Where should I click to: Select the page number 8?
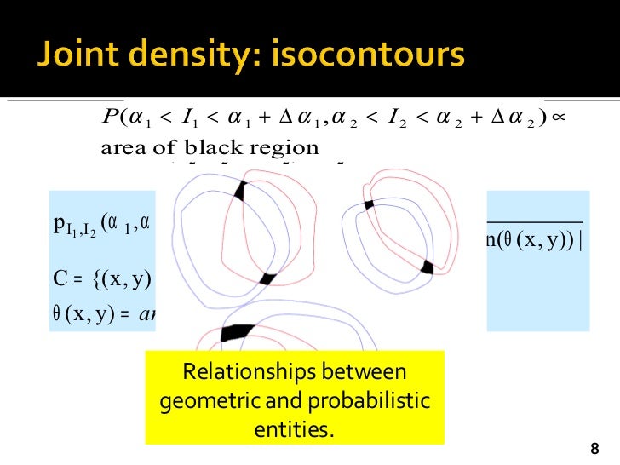coord(594,448)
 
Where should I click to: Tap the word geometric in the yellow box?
coord(205,401)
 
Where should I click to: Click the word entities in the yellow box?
coord(295,429)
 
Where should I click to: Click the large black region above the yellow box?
coord(238,331)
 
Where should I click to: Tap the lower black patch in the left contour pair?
coord(267,278)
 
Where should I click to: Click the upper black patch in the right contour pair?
coord(369,204)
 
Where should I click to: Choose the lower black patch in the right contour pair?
coord(427,267)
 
